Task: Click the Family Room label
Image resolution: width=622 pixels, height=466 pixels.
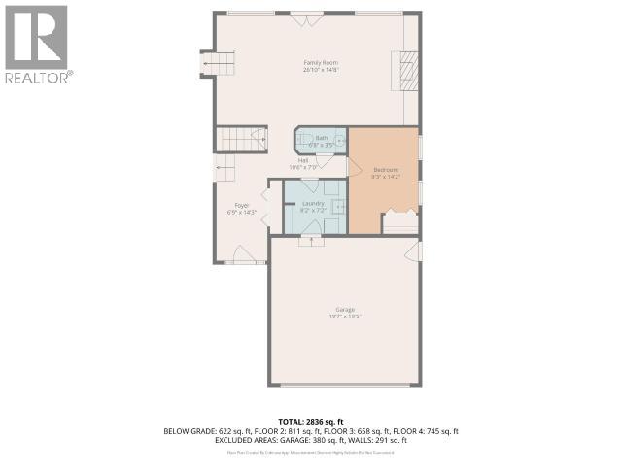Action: point(320,65)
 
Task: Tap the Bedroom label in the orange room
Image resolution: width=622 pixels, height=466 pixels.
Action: point(385,174)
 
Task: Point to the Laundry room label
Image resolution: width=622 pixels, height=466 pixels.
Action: point(312,206)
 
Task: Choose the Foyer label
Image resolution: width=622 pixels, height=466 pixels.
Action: point(240,208)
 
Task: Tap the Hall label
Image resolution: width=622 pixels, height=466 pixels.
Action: point(303,163)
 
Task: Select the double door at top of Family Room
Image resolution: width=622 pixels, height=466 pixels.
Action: point(307,17)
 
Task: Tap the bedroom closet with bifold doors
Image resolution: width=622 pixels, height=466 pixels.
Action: point(399,221)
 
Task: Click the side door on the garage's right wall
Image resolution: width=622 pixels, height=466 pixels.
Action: point(418,251)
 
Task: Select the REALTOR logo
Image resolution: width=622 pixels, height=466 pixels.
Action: point(37,43)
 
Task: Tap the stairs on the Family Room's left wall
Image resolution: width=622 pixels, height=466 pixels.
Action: point(219,64)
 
